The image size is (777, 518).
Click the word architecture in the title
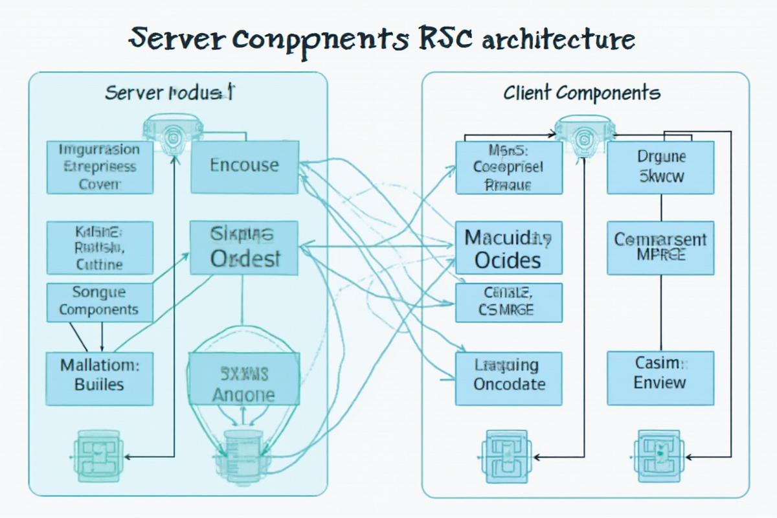pyautogui.click(x=558, y=40)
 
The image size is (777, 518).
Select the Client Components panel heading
pyautogui.click(x=581, y=93)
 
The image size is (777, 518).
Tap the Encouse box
pyautogui.click(x=244, y=166)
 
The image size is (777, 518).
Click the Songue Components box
pyautogui.click(x=100, y=302)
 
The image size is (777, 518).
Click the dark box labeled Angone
pyautogui.click(x=244, y=386)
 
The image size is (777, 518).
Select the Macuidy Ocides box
pyautogui.click(x=508, y=249)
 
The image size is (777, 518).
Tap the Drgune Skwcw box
pyautogui.click(x=660, y=167)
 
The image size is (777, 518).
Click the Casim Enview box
pyautogui.click(x=660, y=374)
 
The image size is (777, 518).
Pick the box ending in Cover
pyautogui.click(x=100, y=167)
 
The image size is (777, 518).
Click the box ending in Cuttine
pyautogui.click(x=100, y=247)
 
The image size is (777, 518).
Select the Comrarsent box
pyautogui.click(x=660, y=247)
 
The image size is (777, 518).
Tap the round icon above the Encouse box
pyautogui.click(x=172, y=133)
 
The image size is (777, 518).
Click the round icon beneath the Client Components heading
pyautogui.click(x=582, y=133)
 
